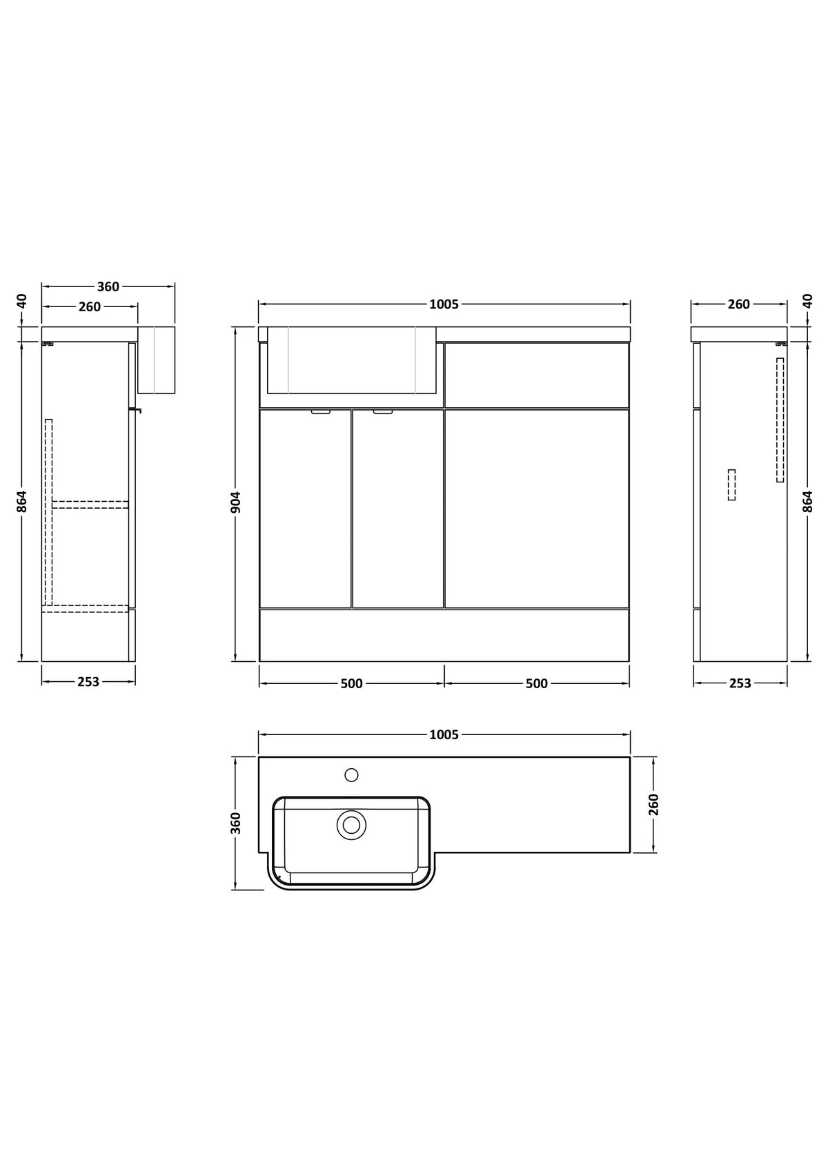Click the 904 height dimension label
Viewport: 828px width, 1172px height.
point(235,502)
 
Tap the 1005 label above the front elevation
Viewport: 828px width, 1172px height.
point(444,304)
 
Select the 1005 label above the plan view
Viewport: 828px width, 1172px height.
point(444,735)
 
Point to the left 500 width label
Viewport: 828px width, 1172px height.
point(351,684)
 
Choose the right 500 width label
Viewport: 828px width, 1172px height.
point(537,684)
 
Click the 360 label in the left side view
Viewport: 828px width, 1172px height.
point(108,286)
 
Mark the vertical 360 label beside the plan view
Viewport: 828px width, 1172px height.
point(235,823)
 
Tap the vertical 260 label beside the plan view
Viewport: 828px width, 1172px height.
point(653,805)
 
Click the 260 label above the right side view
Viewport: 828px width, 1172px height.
point(738,304)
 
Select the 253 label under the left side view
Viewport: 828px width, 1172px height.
point(88,682)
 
